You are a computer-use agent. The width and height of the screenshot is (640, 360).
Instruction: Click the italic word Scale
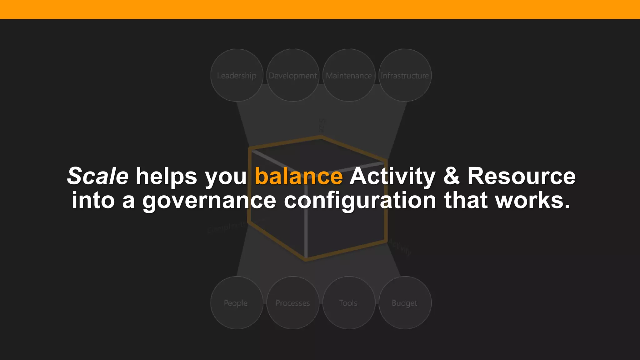pos(98,176)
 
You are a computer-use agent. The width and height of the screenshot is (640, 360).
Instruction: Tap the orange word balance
pos(298,176)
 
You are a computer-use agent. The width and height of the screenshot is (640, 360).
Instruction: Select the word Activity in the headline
pos(392,176)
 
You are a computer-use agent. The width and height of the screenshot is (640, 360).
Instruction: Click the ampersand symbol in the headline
pos(451,176)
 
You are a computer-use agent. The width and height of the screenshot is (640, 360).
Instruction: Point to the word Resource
pos(521,176)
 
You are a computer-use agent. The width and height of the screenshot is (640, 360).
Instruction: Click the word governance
pos(209,201)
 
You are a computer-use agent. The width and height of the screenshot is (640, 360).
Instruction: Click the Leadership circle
pos(237,75)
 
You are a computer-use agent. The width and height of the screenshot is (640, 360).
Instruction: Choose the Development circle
pos(293,75)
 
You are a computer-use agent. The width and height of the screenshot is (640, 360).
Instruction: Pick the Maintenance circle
pos(349,75)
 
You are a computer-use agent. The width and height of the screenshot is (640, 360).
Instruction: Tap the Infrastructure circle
pos(405,75)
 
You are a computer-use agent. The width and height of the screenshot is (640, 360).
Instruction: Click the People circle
pos(237,302)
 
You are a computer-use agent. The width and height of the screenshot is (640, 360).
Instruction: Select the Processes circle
pos(293,302)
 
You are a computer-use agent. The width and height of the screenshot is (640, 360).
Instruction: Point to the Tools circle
pos(348,302)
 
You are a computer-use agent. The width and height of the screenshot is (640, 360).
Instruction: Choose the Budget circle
pos(405,302)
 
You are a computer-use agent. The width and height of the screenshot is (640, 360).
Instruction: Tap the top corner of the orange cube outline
pos(321,137)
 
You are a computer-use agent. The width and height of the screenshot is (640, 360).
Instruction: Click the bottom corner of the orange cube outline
pos(306,259)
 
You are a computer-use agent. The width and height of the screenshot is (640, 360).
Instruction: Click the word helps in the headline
pos(166,176)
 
